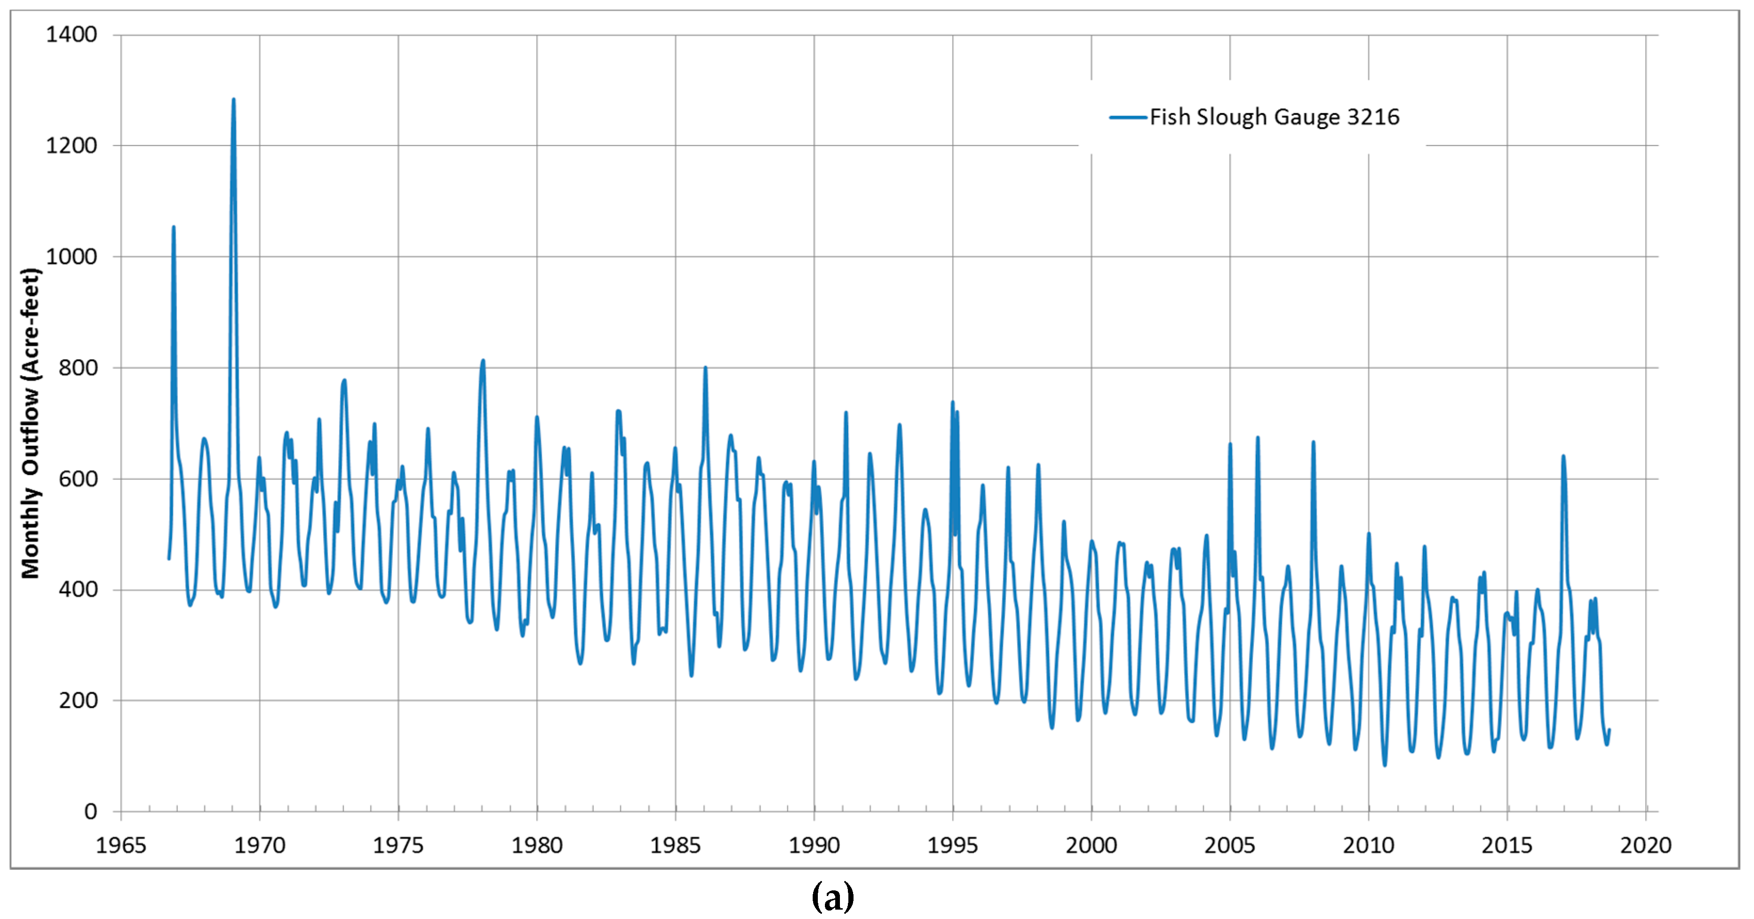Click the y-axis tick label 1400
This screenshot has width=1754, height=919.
point(71,35)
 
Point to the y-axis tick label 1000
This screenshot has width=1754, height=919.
point(71,257)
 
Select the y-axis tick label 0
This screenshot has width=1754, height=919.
point(91,812)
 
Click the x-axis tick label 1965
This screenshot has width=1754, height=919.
point(121,845)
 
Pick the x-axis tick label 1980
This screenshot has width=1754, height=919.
point(537,845)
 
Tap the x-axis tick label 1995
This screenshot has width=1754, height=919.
point(952,845)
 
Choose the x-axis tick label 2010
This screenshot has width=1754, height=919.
point(1368,845)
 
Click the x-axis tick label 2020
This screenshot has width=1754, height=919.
point(1645,845)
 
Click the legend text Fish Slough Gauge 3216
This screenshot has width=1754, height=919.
point(1274,117)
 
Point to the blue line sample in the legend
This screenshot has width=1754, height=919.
point(1128,117)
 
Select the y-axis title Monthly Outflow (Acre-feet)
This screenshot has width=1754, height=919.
point(31,423)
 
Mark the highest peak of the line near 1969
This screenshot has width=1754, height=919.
point(233,100)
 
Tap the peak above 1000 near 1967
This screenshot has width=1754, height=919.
point(174,227)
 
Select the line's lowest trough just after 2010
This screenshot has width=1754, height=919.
point(1384,765)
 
